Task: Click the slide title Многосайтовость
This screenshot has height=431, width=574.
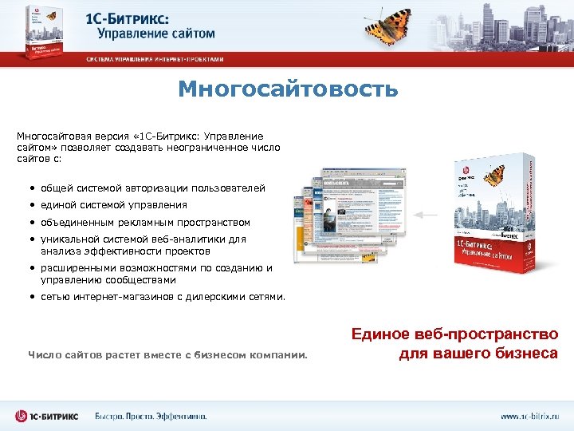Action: coord(287,89)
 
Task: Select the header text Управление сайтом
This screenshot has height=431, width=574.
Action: coord(156,34)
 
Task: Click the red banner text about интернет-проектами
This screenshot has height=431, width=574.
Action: coord(155,59)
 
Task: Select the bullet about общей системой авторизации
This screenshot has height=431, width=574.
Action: coord(152,188)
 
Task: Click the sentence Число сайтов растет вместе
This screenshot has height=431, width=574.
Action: coord(167,354)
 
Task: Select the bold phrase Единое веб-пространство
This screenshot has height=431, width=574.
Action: coord(454,334)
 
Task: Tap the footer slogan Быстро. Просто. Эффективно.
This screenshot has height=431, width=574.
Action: coord(151,416)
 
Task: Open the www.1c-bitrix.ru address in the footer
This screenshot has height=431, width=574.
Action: coord(529,416)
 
